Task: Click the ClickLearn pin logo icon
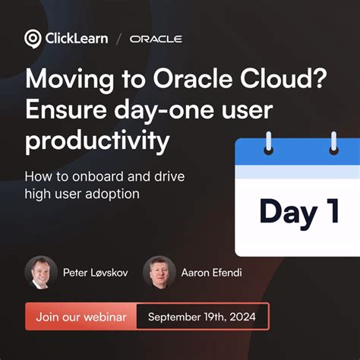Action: [33, 39]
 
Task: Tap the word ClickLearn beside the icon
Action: [75, 39]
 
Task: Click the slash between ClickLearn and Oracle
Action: [118, 39]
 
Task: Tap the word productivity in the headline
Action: [97, 141]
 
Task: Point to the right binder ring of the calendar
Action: [332, 142]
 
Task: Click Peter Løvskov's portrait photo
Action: [40, 272]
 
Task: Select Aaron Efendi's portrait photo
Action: [159, 272]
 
